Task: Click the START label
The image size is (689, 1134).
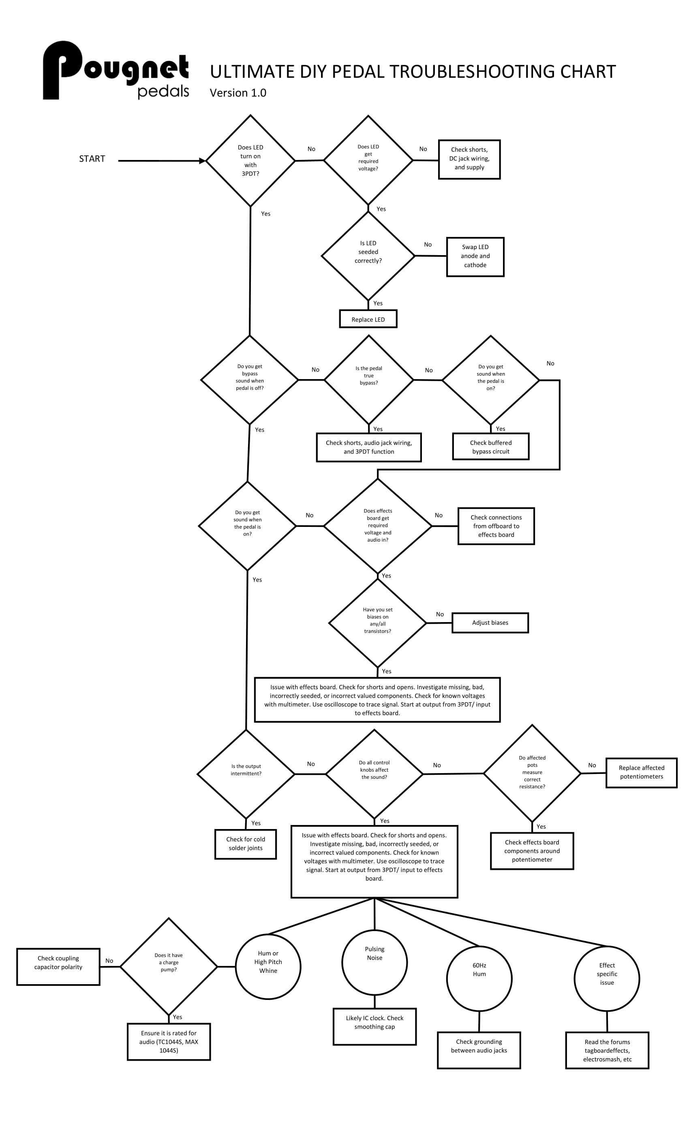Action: pos(92,159)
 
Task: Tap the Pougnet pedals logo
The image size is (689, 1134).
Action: pos(116,70)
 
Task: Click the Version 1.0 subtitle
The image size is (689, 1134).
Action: pos(238,93)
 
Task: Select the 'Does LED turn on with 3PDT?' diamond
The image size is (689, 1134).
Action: pos(250,161)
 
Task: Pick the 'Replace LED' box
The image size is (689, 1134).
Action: pos(368,319)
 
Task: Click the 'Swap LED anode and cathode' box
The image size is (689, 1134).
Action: pos(475,257)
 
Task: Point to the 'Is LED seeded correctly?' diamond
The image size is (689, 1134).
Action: pos(368,256)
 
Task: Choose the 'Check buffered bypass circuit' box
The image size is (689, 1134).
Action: pos(490,446)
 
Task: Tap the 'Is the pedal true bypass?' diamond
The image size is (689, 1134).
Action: pos(368,380)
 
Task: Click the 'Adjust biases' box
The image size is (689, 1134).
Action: pos(490,623)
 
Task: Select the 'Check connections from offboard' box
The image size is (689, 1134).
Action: pos(496,526)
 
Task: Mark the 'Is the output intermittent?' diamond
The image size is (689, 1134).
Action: pos(246,774)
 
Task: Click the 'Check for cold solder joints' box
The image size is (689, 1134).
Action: pos(246,844)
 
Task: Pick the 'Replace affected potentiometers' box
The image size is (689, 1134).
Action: pos(641,773)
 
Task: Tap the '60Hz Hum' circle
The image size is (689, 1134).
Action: pos(479,979)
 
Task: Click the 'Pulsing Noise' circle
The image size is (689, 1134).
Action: pos(374,962)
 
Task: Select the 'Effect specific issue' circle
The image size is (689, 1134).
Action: pos(607,979)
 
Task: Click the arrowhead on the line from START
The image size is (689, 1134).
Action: pos(202,161)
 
